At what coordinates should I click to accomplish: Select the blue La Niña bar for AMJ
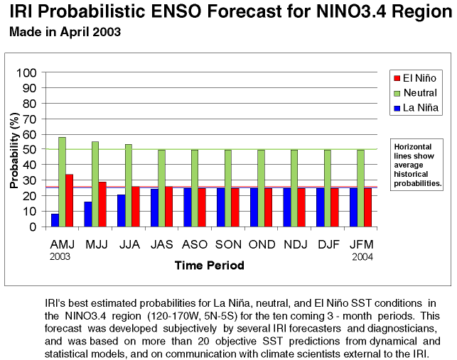coord(55,220)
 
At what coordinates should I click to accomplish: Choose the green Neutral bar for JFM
coord(360,188)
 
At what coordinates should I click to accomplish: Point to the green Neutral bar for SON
coord(227,188)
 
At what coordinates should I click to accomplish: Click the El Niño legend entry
coord(414,78)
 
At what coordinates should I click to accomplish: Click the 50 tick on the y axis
coord(31,150)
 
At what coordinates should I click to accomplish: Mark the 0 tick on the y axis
coord(34,227)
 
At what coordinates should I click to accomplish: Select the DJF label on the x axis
coord(328,244)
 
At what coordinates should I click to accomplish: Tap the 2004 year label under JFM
coord(362,256)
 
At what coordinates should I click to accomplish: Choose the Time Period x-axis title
coord(210,266)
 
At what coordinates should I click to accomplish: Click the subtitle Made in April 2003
coord(65,32)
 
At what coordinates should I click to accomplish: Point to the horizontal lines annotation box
coord(419,165)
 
